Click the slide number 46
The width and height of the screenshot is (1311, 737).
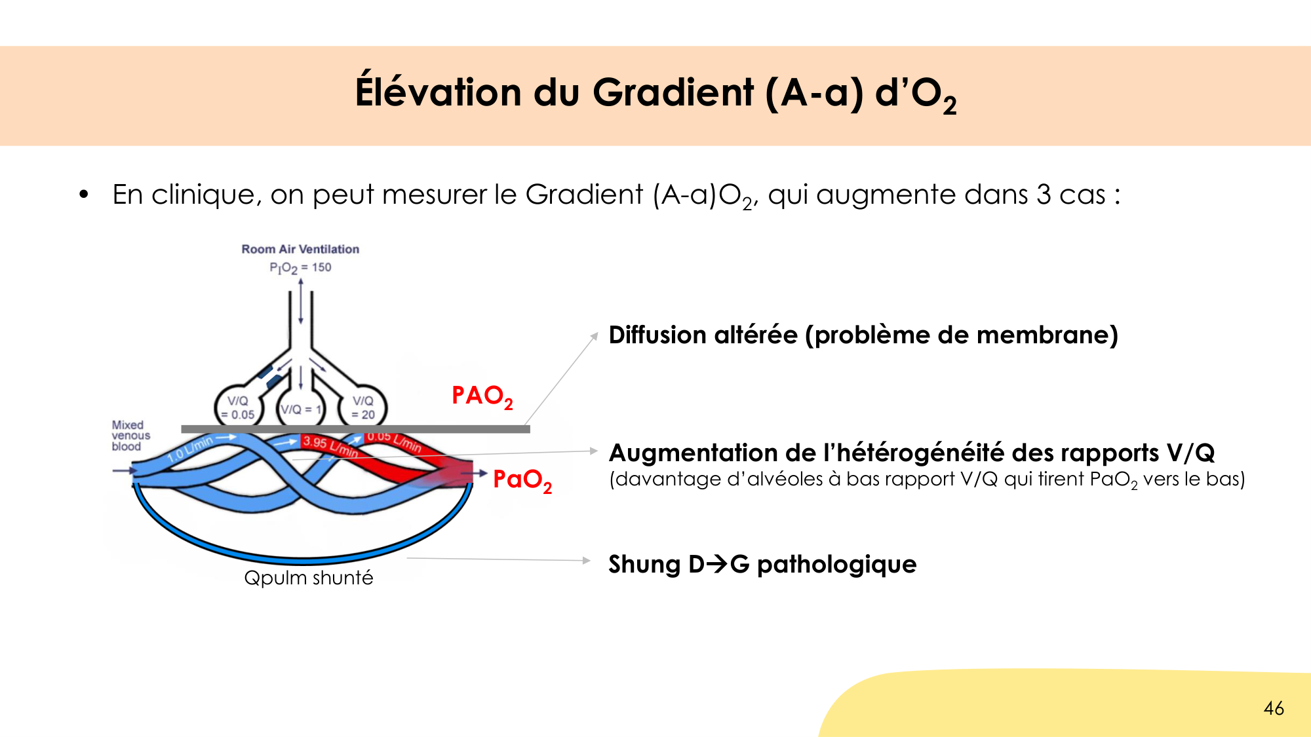(1274, 708)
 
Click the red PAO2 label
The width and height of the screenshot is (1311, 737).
(482, 396)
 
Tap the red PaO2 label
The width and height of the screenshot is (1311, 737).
(522, 480)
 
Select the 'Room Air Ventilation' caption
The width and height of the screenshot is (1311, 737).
(300, 249)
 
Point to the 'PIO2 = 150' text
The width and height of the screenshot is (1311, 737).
(300, 267)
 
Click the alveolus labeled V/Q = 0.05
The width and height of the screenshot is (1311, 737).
(239, 407)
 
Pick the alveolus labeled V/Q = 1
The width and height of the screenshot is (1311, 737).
(301, 409)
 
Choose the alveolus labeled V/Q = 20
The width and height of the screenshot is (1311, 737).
(362, 407)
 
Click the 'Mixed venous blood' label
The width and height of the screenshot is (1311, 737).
(130, 436)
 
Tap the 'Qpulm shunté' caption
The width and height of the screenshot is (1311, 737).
(308, 578)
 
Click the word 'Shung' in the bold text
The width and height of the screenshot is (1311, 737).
(644, 564)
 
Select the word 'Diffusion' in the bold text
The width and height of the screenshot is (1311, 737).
(657, 335)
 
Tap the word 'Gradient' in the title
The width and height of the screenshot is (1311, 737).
(673, 92)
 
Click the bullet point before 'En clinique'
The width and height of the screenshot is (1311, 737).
(83, 195)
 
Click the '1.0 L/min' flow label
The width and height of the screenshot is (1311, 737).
(191, 449)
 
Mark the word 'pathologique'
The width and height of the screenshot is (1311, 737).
(836, 564)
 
